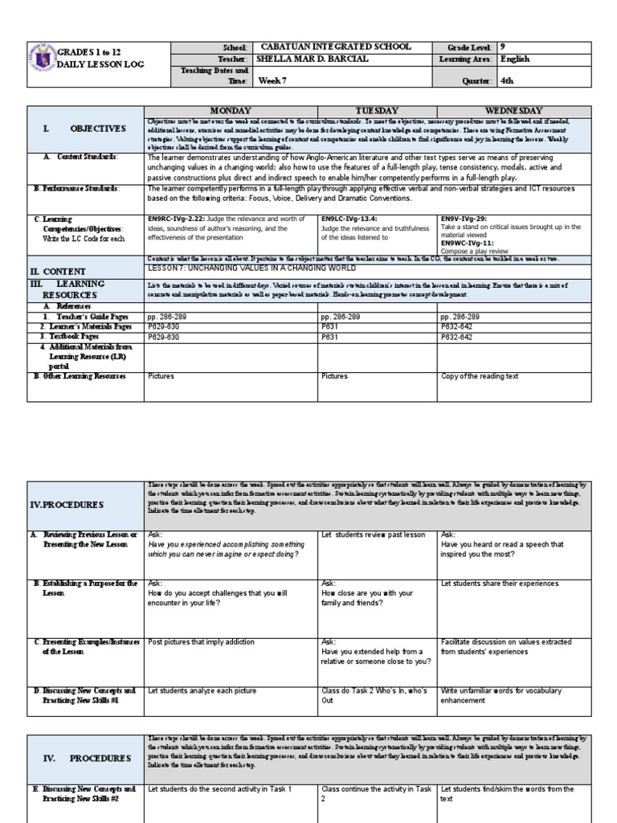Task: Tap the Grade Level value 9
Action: (x=503, y=47)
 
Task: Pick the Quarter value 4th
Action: (x=508, y=80)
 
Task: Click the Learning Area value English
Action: (x=515, y=59)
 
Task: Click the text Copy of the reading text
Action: (x=480, y=375)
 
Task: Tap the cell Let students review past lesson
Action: (x=372, y=534)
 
